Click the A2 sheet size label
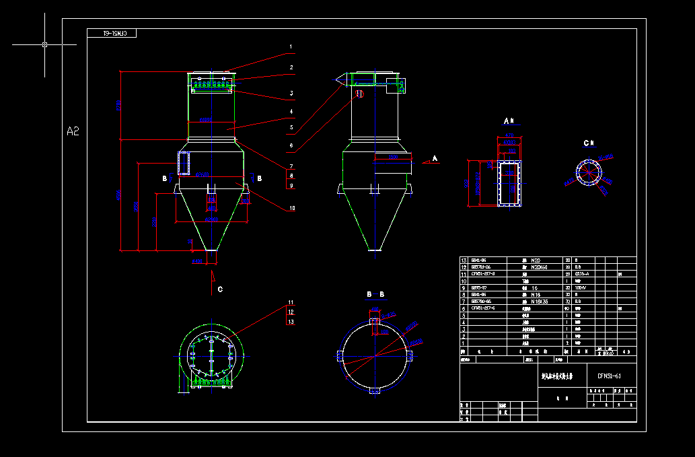tap(73, 131)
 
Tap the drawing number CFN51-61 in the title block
tap(608, 376)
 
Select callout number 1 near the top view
tap(291, 48)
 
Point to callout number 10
tap(291, 208)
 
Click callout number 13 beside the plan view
tap(291, 322)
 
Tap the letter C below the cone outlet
tap(220, 289)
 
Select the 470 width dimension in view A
tap(509, 136)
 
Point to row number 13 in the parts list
tap(463, 260)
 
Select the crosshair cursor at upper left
tap(44, 44)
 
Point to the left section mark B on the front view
tap(163, 178)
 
